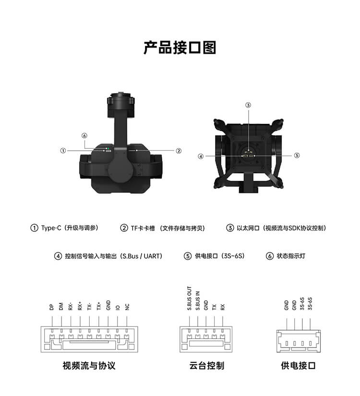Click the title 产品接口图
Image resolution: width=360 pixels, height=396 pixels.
click(x=180, y=48)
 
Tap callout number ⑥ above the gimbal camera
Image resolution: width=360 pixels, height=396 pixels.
click(x=84, y=136)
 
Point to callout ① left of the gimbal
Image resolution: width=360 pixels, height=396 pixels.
click(x=63, y=151)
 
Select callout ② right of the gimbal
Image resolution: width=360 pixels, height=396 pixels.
click(x=179, y=151)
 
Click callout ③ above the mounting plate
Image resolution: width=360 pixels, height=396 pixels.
click(x=248, y=105)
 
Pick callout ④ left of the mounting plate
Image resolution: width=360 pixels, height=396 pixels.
click(x=201, y=156)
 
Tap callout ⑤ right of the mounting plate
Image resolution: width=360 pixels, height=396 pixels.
click(x=297, y=156)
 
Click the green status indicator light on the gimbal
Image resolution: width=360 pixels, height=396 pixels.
click(x=107, y=148)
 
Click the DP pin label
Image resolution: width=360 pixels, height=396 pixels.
click(x=52, y=307)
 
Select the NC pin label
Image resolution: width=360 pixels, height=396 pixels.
click(x=127, y=307)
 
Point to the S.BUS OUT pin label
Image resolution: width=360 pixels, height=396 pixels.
click(x=190, y=298)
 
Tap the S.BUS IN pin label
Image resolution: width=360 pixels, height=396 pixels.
click(x=198, y=300)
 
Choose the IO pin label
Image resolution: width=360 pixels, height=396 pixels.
click(x=118, y=308)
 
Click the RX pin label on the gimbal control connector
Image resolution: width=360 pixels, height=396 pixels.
click(x=223, y=307)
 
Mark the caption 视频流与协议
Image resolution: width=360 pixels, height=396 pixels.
click(x=89, y=365)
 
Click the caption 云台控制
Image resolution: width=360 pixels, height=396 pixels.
click(x=207, y=365)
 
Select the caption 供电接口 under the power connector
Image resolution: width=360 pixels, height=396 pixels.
click(x=299, y=365)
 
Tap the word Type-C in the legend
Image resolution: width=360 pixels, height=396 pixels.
click(x=51, y=228)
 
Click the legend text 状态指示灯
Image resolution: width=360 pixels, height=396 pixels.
click(x=291, y=256)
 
